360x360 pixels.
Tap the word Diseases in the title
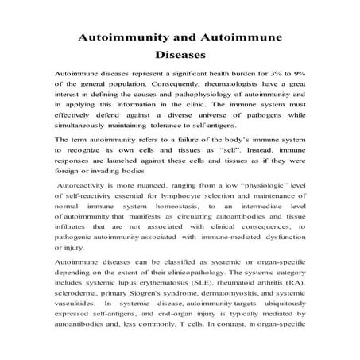[180, 56]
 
